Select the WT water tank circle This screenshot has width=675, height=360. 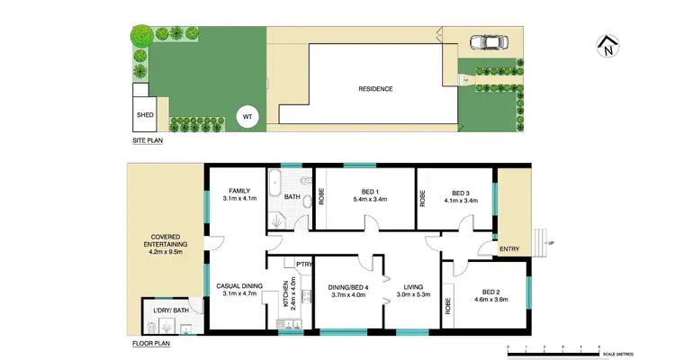tap(246, 115)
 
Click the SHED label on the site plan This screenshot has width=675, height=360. tap(145, 115)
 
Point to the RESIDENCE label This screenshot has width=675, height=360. tap(376, 88)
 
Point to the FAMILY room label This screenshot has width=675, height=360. tap(238, 190)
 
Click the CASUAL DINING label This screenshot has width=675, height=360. tap(239, 286)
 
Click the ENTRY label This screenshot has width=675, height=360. tap(509, 249)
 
